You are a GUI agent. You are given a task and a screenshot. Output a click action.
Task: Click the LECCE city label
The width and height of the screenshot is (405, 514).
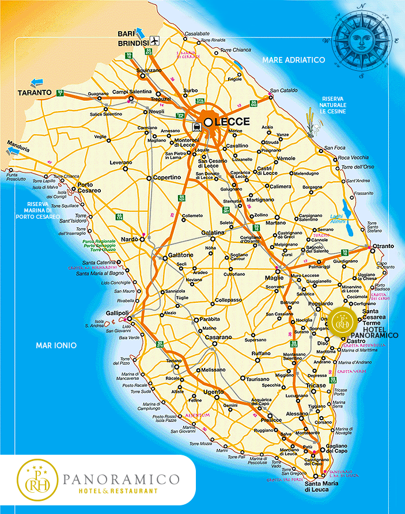point(232,122)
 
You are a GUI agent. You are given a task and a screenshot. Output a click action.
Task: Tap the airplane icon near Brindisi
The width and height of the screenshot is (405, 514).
point(154,40)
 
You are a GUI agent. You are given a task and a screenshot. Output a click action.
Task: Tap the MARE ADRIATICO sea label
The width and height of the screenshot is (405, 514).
point(293,60)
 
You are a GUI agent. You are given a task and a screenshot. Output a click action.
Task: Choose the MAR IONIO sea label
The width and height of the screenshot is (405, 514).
point(56,345)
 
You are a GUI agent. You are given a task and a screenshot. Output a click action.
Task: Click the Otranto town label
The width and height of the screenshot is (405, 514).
point(383,246)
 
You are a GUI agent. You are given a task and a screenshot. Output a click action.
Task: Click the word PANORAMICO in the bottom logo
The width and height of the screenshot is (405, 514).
point(122,479)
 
